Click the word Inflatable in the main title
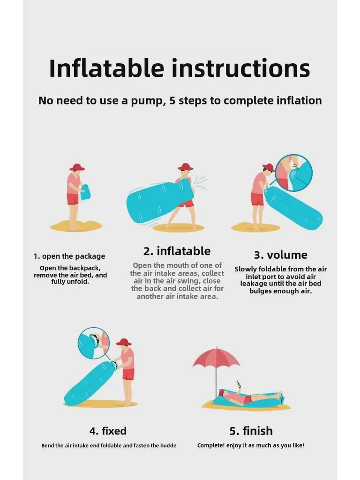[x=106, y=68]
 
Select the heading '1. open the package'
[x=69, y=256]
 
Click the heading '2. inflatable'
[x=177, y=251]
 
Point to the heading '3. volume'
[x=281, y=255]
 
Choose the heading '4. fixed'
[x=108, y=430]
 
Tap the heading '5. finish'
[x=251, y=430]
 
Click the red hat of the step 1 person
[x=77, y=167]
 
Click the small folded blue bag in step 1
[x=85, y=192]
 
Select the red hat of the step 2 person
[x=186, y=167]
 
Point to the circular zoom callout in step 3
[x=293, y=173]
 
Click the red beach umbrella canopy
[x=216, y=358]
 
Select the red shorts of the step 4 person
[x=128, y=374]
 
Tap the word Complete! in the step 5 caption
[x=210, y=445]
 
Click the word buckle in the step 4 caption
[x=168, y=445]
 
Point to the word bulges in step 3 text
[x=260, y=291]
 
